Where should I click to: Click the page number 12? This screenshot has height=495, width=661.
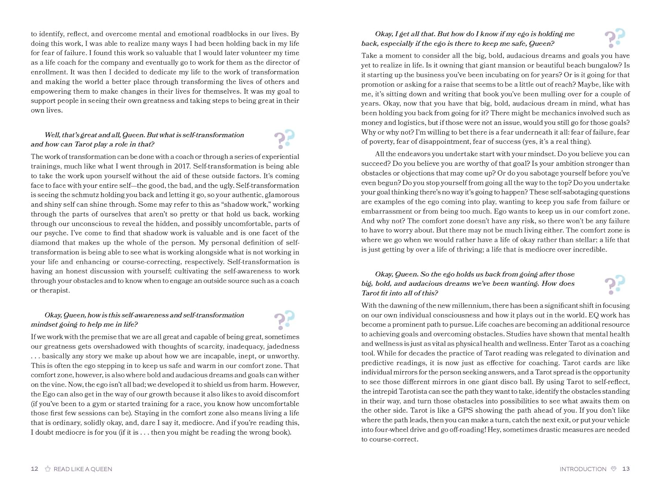(34, 469)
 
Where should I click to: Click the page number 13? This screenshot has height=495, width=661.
(626, 469)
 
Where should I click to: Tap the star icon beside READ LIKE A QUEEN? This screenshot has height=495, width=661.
(48, 469)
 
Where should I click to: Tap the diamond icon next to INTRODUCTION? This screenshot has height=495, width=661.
(613, 469)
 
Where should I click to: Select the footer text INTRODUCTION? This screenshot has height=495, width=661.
(583, 469)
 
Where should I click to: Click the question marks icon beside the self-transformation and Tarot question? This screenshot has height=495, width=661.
(284, 139)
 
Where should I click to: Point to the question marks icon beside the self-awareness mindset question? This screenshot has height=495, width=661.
(284, 319)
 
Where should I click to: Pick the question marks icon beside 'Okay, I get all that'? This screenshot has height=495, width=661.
(615, 38)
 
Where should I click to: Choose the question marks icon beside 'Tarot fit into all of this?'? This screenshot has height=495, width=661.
(615, 284)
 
